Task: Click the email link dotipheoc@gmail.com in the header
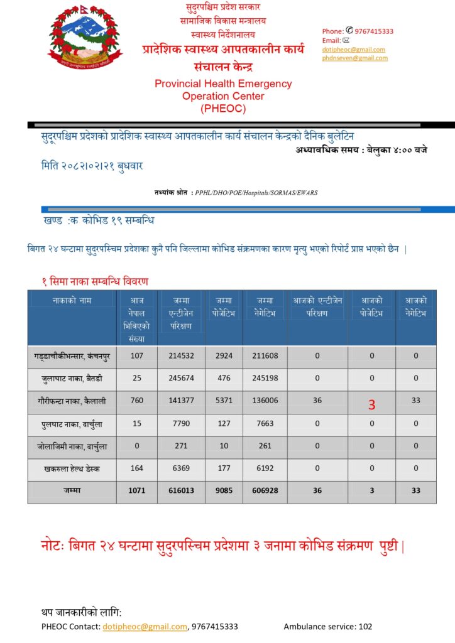pyautogui.click(x=353, y=50)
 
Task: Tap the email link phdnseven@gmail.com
pyautogui.click(x=354, y=58)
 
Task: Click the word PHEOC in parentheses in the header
pyautogui.click(x=223, y=108)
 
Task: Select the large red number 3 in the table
pyautogui.click(x=371, y=405)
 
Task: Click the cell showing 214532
pyautogui.click(x=182, y=356)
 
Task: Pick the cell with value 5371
pyautogui.click(x=224, y=401)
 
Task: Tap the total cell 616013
pyautogui.click(x=182, y=491)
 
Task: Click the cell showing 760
pyautogui.click(x=136, y=401)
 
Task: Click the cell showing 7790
pyautogui.click(x=182, y=423)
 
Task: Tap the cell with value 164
pyautogui.click(x=136, y=468)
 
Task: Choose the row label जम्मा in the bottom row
pyautogui.click(x=72, y=491)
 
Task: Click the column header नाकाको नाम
pyautogui.click(x=72, y=301)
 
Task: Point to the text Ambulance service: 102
pyautogui.click(x=327, y=627)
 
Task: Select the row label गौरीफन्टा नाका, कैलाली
pyautogui.click(x=71, y=401)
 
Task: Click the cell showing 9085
pyautogui.click(x=224, y=491)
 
